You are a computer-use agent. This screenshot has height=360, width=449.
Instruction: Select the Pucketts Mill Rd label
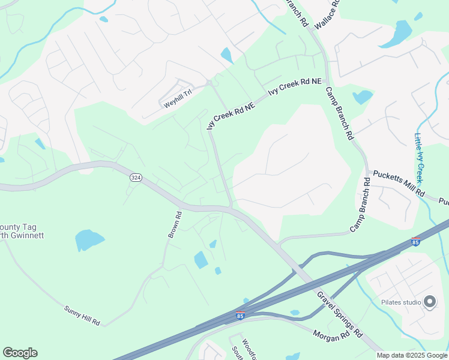pos(399,184)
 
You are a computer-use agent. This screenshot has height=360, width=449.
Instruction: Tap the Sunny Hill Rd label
pos(82,316)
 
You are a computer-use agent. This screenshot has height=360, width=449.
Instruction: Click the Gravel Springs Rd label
pos(340,313)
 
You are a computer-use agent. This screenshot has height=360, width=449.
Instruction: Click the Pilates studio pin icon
pos(430,302)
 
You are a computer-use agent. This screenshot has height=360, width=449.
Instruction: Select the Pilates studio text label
pos(401,302)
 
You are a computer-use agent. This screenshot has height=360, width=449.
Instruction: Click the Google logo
pos(20,353)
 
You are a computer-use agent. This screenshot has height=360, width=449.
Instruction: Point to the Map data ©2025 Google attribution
pos(412,355)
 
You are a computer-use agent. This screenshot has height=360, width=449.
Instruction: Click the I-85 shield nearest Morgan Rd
pos(240,315)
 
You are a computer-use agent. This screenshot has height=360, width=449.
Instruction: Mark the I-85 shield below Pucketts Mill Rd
pos(415,242)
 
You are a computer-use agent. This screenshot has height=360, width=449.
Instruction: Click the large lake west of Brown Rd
pos(89,240)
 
